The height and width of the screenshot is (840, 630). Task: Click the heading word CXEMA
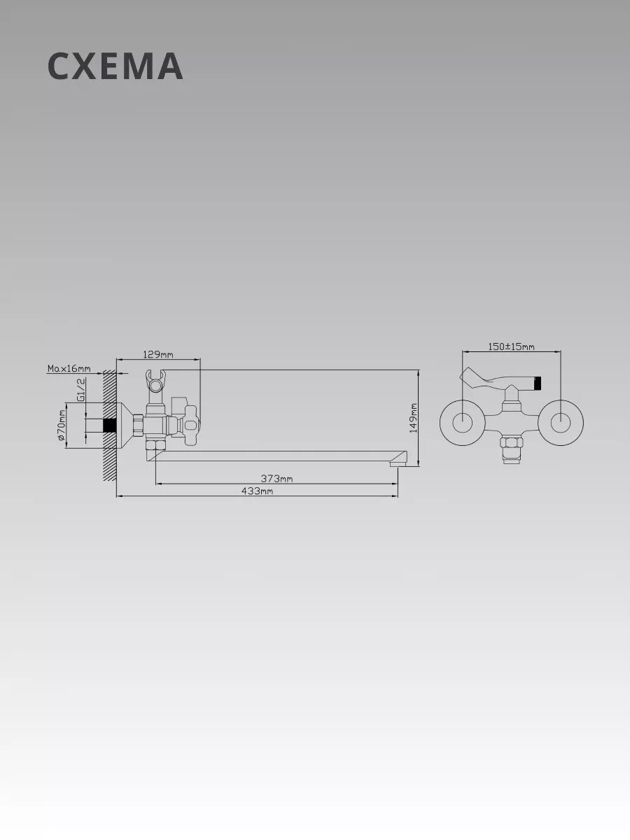click(x=115, y=66)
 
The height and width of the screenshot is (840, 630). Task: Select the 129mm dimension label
click(x=158, y=354)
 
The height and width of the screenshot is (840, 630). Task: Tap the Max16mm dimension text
click(x=69, y=368)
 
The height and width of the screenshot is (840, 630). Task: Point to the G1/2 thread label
click(x=80, y=390)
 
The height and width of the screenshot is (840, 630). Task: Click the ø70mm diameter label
click(x=62, y=425)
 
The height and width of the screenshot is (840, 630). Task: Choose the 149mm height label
click(x=413, y=418)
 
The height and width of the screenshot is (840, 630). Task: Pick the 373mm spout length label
click(x=276, y=478)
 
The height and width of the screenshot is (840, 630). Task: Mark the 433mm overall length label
click(x=257, y=491)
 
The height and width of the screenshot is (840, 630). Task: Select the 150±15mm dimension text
click(x=512, y=346)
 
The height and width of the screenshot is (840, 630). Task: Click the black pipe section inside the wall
click(x=109, y=425)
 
